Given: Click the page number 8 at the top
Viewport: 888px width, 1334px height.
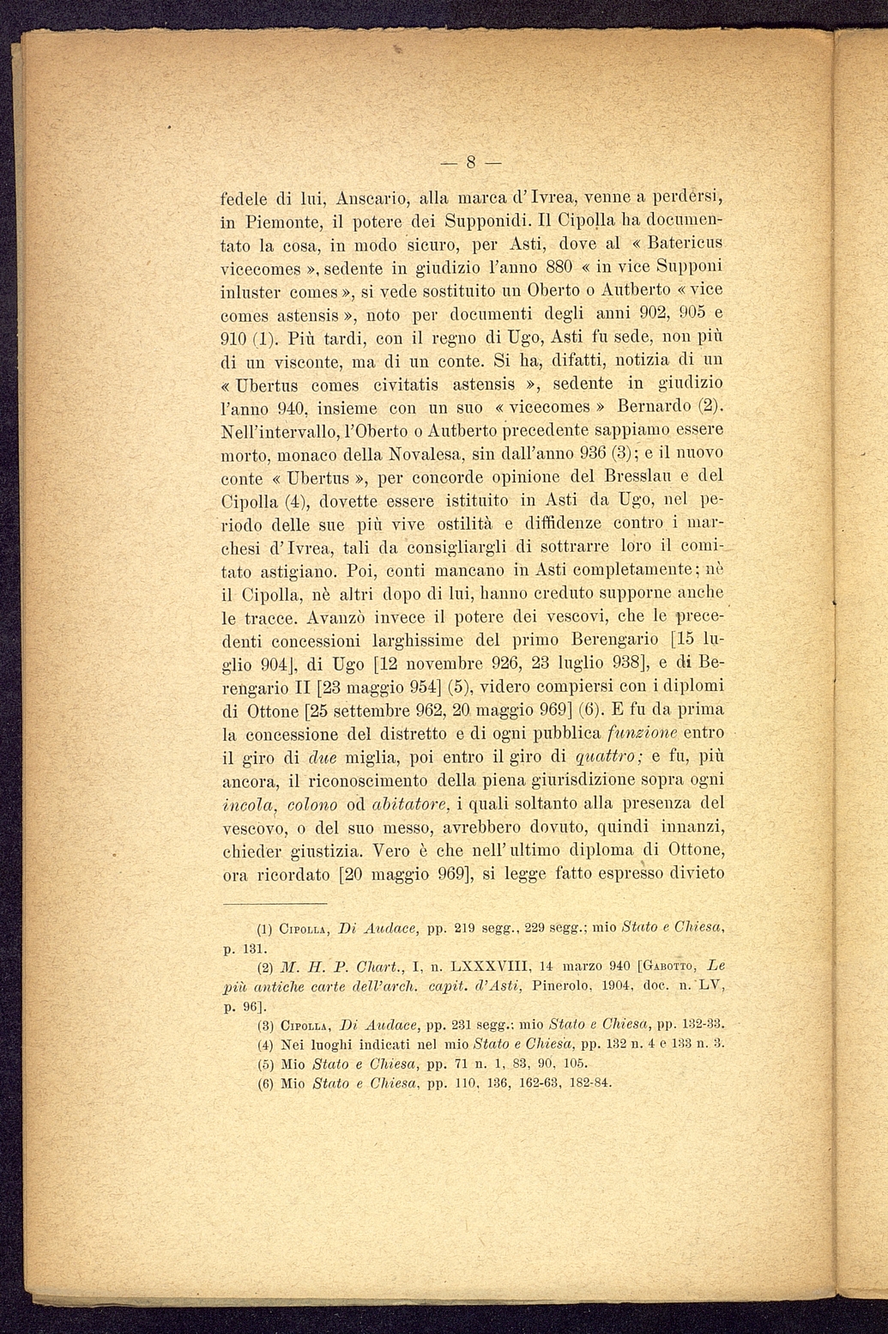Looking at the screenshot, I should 470,161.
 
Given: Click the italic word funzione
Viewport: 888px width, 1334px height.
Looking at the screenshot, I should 631,734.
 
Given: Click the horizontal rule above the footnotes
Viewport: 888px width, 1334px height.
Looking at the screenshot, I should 275,904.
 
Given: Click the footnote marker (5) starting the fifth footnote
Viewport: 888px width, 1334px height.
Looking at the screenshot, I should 265,1063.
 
